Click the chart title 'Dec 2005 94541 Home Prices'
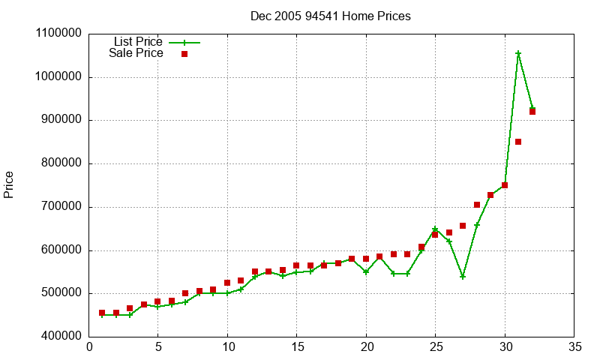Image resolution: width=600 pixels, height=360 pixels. click(331, 16)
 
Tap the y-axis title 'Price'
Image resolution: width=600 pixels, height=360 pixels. click(9, 184)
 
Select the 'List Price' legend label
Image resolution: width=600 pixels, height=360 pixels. click(138, 42)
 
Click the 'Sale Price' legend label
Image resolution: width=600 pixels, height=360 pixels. click(136, 53)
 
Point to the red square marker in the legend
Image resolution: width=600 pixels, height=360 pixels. click(184, 54)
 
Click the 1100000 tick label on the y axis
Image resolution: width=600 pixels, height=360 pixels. click(58, 34)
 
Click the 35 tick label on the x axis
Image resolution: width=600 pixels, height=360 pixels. click(574, 347)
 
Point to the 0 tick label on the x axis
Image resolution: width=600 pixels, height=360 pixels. click(89, 347)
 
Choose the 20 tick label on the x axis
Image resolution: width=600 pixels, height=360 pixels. click(366, 347)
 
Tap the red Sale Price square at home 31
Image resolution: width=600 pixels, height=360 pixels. click(518, 142)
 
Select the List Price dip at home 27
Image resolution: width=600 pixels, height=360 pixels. click(463, 277)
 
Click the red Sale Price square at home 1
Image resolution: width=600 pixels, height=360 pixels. click(102, 313)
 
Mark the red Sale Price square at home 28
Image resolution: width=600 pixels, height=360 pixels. click(477, 205)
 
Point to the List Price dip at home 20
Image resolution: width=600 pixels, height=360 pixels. click(366, 272)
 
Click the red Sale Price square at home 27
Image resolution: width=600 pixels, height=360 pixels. click(463, 226)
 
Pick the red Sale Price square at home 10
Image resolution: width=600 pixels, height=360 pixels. click(227, 283)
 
